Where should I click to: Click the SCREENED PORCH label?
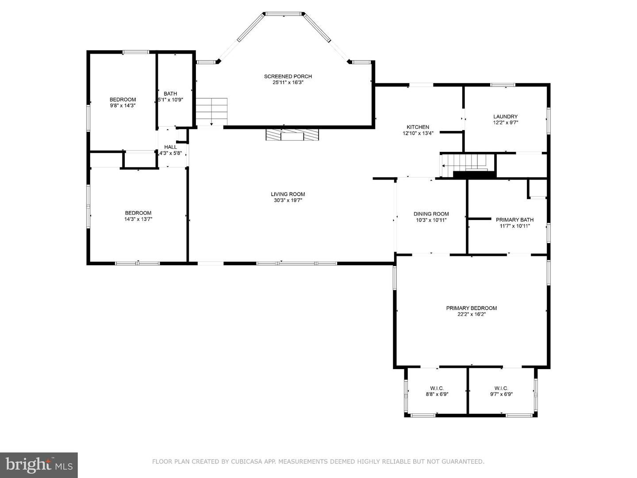(x=288, y=77)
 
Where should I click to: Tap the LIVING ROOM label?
(x=288, y=194)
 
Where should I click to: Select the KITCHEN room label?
(x=418, y=127)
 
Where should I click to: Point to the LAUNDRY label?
(x=506, y=117)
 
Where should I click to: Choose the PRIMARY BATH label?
(x=514, y=220)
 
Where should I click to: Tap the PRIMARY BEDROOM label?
(x=472, y=308)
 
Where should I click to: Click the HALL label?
(x=170, y=147)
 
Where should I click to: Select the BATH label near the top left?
(x=170, y=93)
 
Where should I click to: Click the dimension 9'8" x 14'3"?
(x=123, y=106)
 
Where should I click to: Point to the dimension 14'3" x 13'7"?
(x=138, y=219)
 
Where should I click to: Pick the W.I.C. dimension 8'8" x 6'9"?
(x=437, y=394)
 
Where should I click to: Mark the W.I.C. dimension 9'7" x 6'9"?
(x=501, y=394)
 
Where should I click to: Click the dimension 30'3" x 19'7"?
(x=288, y=200)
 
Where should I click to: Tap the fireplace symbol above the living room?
(x=292, y=135)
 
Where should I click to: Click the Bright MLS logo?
(x=39, y=465)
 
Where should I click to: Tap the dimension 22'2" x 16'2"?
(x=472, y=314)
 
